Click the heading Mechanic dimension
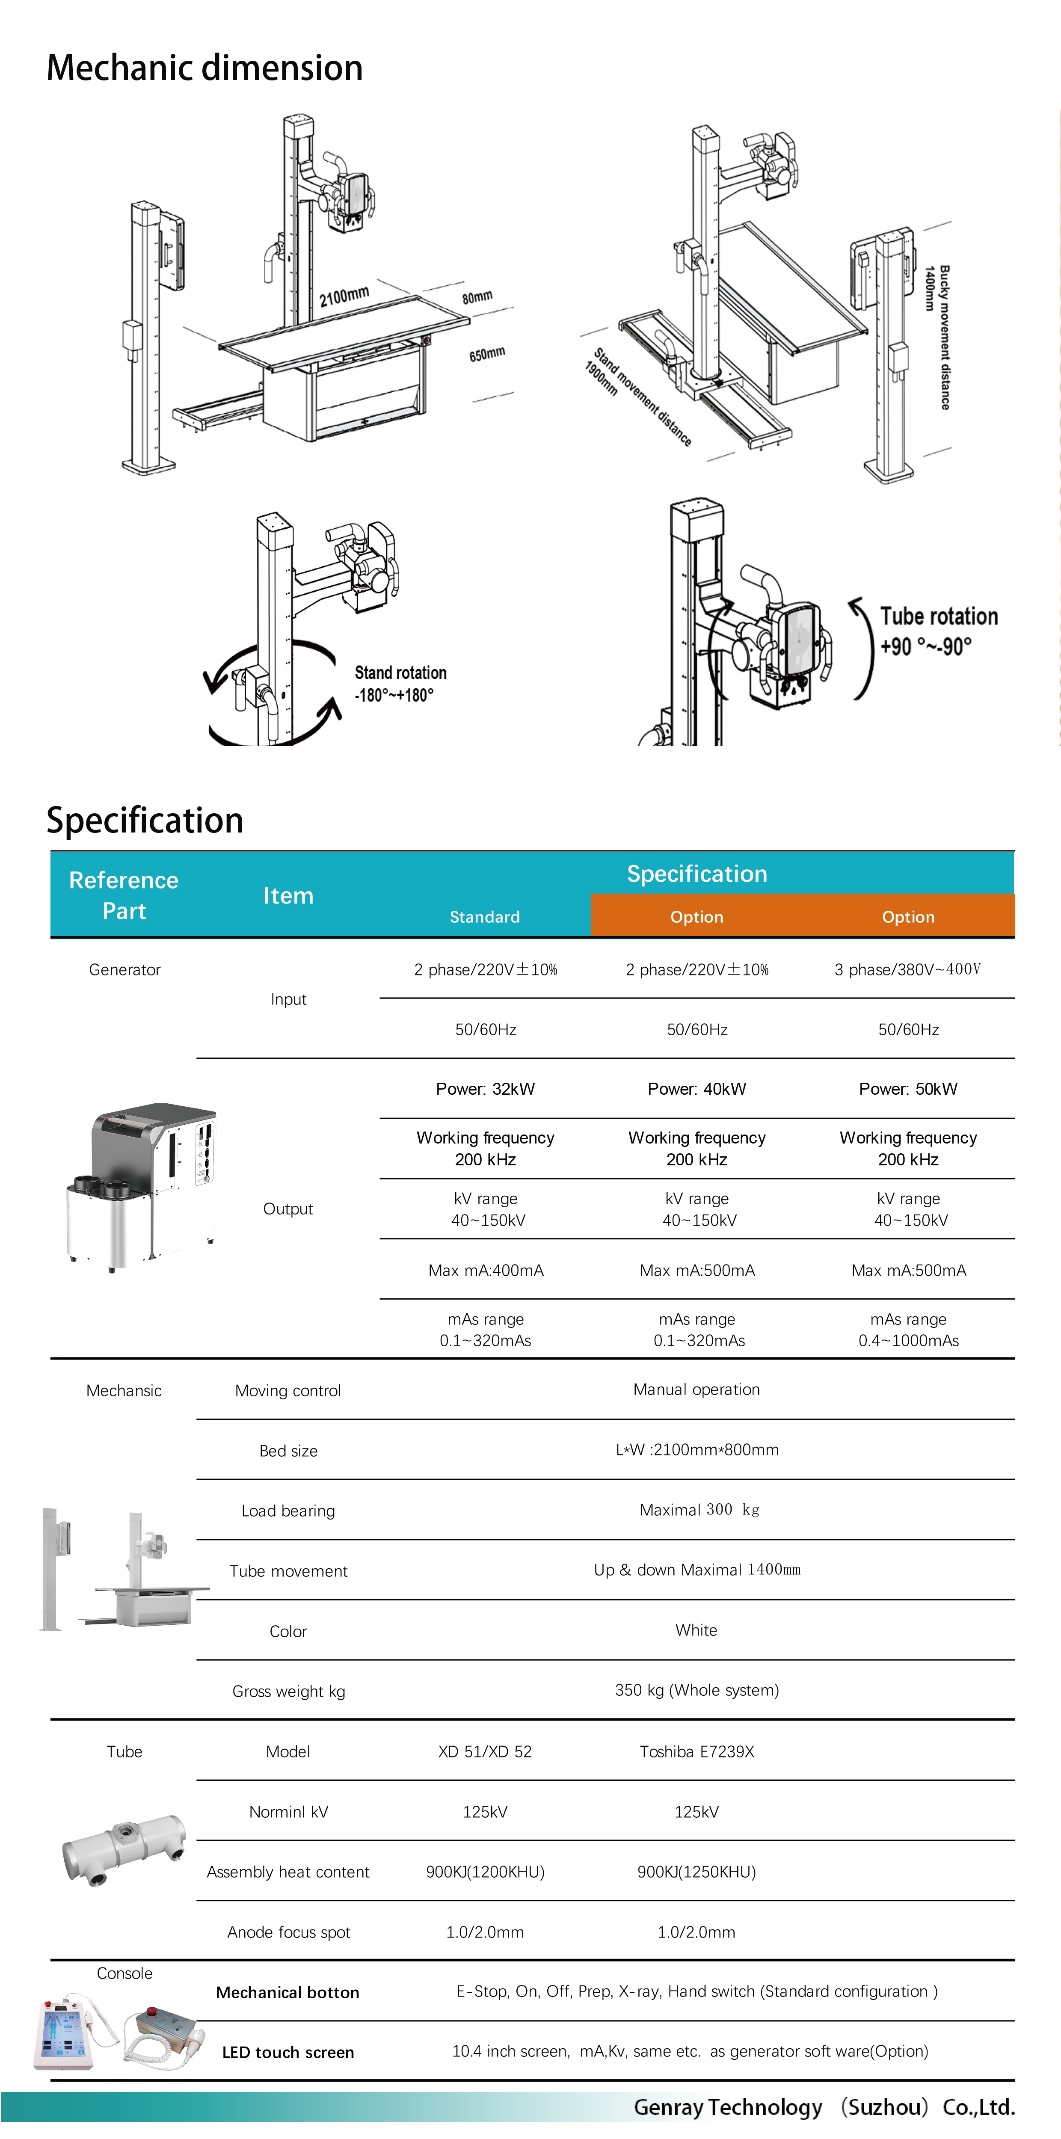click(x=204, y=68)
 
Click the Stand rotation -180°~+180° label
click(x=400, y=683)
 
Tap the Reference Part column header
click(x=124, y=895)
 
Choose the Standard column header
click(x=485, y=917)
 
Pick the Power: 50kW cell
click(x=908, y=1089)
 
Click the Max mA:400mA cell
click(x=486, y=1271)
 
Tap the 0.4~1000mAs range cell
click(x=908, y=1330)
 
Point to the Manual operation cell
click(x=696, y=1389)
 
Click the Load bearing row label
click(x=288, y=1511)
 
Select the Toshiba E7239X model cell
click(x=696, y=1751)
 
